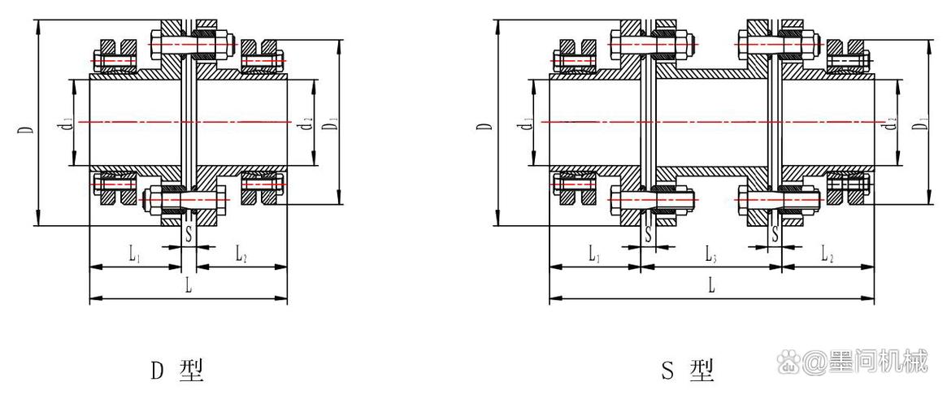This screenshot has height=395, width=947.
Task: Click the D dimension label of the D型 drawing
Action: [x=28, y=131]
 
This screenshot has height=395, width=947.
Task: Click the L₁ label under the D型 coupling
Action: [x=135, y=256]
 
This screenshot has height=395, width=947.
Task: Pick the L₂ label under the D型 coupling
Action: [x=241, y=256]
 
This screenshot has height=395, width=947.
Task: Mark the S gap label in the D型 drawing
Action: [x=189, y=234]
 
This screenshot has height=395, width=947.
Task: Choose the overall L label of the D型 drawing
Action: [x=189, y=287]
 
